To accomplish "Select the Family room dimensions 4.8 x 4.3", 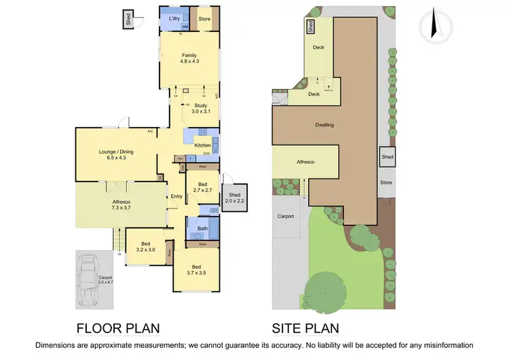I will click(x=189, y=62).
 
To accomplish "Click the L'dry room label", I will click(x=174, y=18).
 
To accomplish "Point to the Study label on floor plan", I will click(x=200, y=105).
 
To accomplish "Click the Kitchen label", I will click(x=202, y=145).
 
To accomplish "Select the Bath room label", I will click(x=202, y=229).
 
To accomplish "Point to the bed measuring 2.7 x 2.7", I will click(x=202, y=188).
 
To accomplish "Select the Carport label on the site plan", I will click(x=286, y=217).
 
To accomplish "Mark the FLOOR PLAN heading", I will click(x=118, y=329).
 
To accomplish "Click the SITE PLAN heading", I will click(x=305, y=329).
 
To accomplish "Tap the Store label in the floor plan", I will click(x=204, y=18).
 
